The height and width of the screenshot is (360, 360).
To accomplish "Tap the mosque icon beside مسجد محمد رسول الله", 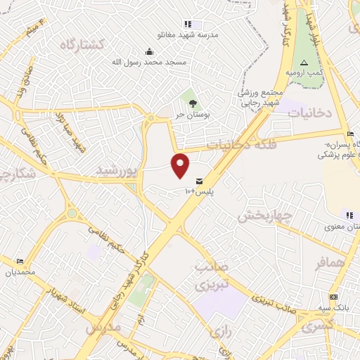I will coord(149,51).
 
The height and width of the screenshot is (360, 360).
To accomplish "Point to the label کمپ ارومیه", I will coord(304,72).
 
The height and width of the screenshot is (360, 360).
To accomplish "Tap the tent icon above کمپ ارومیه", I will coord(304,63).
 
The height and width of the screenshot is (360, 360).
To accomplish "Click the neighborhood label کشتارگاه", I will coord(82,44).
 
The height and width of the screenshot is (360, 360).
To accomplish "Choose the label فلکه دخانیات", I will coord(239,144).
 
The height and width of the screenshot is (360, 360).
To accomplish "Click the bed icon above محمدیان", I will coord(19,262).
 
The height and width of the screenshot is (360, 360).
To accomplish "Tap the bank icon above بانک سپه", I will coord(333,297).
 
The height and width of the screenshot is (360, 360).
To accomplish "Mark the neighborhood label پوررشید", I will coord(116,170).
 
